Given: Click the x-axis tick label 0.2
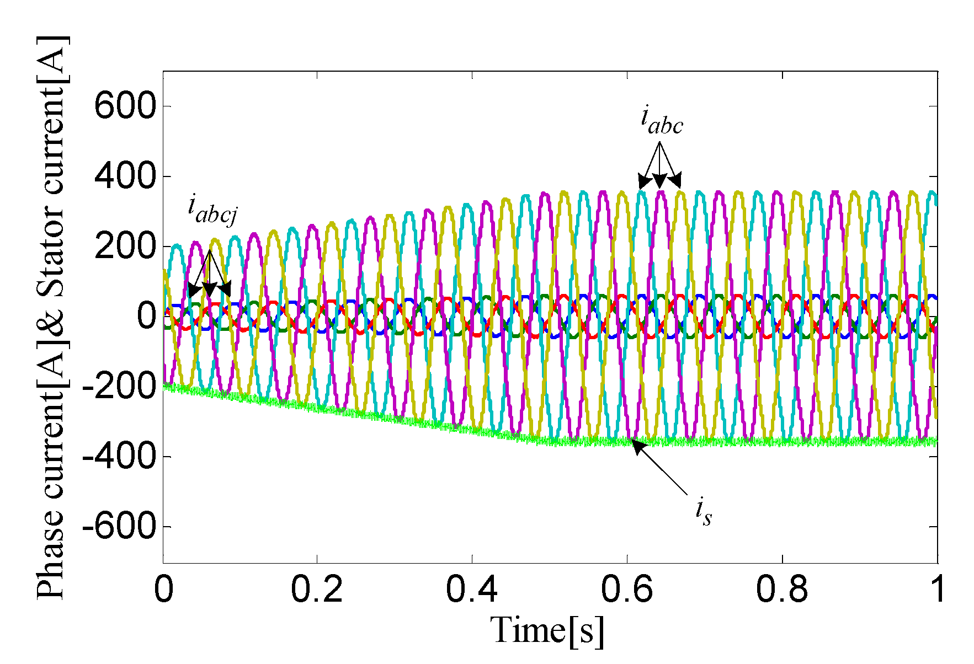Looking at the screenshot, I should click(x=317, y=590).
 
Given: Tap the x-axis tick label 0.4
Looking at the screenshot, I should click(x=472, y=590).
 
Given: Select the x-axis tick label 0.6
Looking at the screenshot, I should click(x=627, y=590).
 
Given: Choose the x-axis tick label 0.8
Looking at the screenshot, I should click(x=782, y=590).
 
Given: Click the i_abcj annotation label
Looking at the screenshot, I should click(x=212, y=210).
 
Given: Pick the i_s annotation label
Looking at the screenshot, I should click(x=703, y=511).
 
